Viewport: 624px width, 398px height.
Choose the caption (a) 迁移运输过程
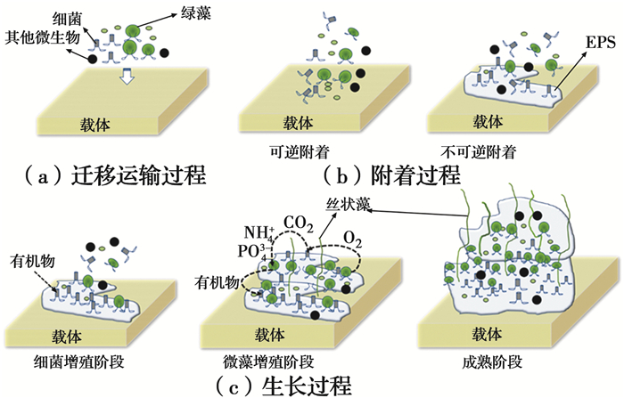[x=117, y=175]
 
